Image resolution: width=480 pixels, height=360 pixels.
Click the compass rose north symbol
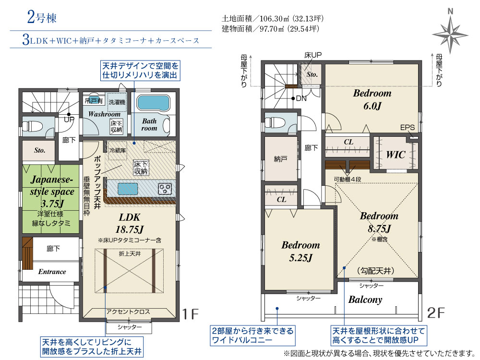pyautogui.click(x=450, y=33)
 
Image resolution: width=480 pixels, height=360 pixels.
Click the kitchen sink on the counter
pyautogui.click(x=124, y=188)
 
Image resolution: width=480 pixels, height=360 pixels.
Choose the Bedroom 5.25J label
pyautogui.click(x=300, y=251)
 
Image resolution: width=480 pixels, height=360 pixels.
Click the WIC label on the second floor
pyautogui.click(x=396, y=155)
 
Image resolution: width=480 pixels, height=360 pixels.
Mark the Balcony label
pyautogui.click(x=365, y=300)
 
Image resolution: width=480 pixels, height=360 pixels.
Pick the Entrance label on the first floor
pyautogui.click(x=52, y=272)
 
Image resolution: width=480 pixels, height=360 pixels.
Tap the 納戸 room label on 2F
pyautogui.click(x=281, y=158)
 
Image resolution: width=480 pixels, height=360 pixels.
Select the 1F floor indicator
pyautogui.click(x=190, y=314)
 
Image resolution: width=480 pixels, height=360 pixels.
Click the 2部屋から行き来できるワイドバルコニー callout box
pyautogui.click(x=252, y=336)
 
